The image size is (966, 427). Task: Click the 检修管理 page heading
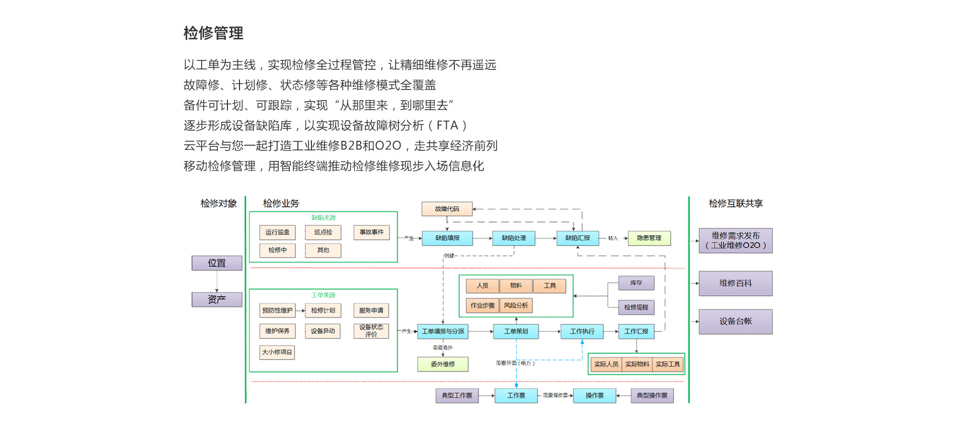pyautogui.click(x=213, y=33)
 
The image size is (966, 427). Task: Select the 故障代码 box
pyautogui.click(x=447, y=209)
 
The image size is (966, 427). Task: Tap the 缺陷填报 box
pyautogui.click(x=447, y=238)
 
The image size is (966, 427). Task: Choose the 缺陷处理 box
pyautogui.click(x=513, y=238)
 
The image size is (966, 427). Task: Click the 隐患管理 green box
pyautogui.click(x=649, y=238)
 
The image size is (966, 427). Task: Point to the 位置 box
pyautogui.click(x=217, y=263)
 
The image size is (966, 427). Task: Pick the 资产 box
pyautogui.click(x=217, y=299)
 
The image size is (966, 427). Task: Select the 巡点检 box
pyautogui.click(x=323, y=232)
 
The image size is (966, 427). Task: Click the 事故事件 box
pyautogui.click(x=371, y=232)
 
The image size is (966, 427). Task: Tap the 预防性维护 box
pyautogui.click(x=277, y=310)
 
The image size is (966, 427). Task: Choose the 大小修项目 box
pyautogui.click(x=277, y=352)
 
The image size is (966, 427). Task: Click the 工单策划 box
pyautogui.click(x=516, y=331)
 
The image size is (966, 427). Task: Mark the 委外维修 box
pyautogui.click(x=443, y=364)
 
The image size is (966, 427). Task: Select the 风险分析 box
pyautogui.click(x=516, y=305)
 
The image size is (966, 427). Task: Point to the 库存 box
pyautogui.click(x=636, y=283)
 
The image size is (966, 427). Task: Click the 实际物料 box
pyautogui.click(x=637, y=364)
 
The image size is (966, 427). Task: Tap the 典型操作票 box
pyautogui.click(x=652, y=396)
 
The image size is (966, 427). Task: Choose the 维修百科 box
pyautogui.click(x=736, y=283)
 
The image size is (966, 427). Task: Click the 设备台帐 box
pyautogui.click(x=736, y=321)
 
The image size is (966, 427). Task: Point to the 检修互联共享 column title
pyautogui.click(x=736, y=203)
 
